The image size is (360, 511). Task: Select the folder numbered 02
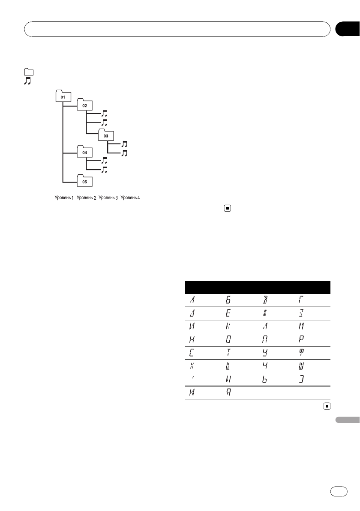[84, 105]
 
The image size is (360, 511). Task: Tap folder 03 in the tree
[105, 135]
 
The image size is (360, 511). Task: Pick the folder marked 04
[84, 152]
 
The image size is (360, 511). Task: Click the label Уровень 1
[63, 198]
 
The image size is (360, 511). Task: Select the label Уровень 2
[85, 198]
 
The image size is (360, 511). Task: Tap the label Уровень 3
[108, 198]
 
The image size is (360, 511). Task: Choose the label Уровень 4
[130, 198]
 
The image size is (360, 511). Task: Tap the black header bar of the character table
[258, 287]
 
